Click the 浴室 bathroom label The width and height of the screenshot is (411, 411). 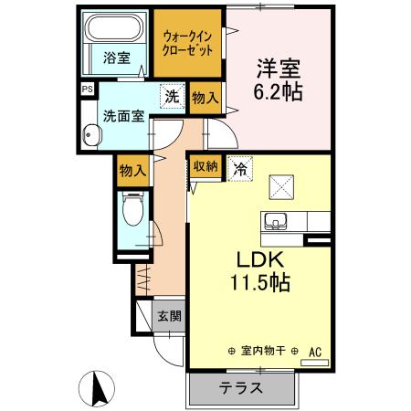(x=115, y=58)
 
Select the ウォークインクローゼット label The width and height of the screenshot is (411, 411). (x=187, y=43)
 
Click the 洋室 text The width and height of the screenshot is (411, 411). (x=278, y=69)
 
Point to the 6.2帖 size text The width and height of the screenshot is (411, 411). (x=278, y=92)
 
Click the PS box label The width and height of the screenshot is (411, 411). (x=87, y=89)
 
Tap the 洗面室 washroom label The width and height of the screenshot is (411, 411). (x=121, y=116)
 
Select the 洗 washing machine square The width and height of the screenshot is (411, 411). (x=171, y=94)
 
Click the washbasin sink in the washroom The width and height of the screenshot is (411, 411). (x=90, y=136)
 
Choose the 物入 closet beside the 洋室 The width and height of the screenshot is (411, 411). (x=205, y=98)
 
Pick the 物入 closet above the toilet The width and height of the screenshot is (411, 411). (x=133, y=169)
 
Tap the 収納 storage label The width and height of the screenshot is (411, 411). (x=205, y=167)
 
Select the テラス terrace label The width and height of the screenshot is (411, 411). (x=242, y=386)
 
